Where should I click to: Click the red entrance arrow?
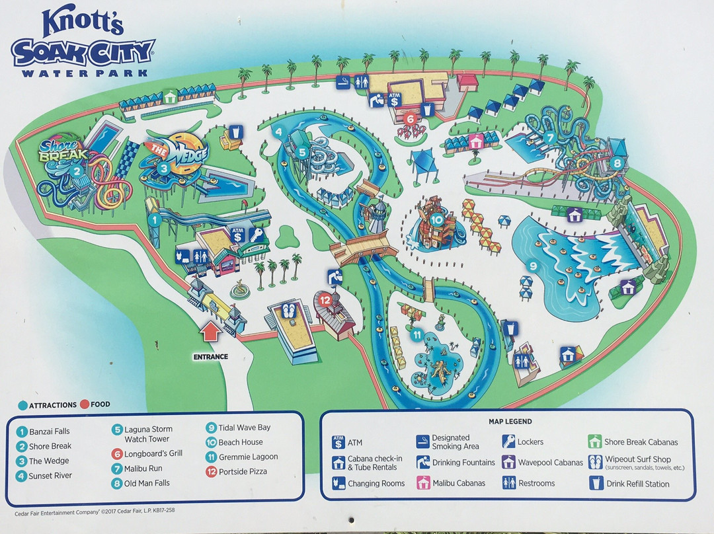(x=210, y=331)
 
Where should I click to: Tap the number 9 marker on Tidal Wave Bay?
(x=532, y=267)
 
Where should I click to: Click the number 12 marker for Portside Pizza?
(x=325, y=299)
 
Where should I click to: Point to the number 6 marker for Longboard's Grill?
(x=410, y=120)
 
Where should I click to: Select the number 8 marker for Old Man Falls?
(x=617, y=162)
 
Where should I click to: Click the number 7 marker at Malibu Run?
(x=550, y=137)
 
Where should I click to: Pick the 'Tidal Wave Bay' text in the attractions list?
(x=244, y=428)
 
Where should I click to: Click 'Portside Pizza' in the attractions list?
(x=243, y=471)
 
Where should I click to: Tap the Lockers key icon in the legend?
(x=508, y=441)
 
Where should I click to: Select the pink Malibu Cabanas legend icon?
(x=422, y=483)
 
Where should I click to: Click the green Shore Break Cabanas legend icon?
(x=594, y=441)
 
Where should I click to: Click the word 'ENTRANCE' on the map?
(x=211, y=357)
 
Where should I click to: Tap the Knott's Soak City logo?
(x=83, y=43)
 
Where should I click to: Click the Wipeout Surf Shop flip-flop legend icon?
(x=594, y=462)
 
